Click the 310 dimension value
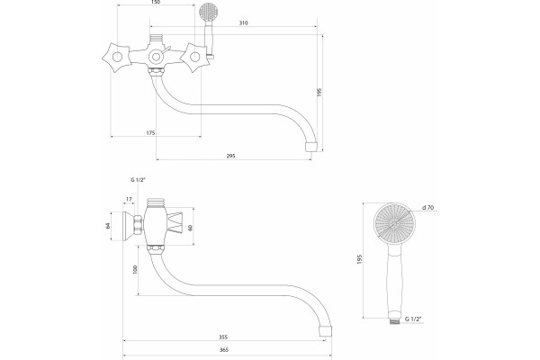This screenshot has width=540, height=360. click(244, 23)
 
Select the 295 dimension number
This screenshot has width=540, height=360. click(230, 156)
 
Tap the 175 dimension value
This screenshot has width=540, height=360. click(151, 132)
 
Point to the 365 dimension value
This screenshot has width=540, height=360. click(224, 350)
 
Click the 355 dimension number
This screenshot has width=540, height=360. click(223, 337)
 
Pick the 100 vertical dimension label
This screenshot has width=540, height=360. click(135, 270)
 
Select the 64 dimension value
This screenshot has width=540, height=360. click(108, 226)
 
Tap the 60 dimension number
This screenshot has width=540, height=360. click(191, 228)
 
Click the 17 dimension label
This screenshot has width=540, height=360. click(129, 199)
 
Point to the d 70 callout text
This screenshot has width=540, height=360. click(428, 207)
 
